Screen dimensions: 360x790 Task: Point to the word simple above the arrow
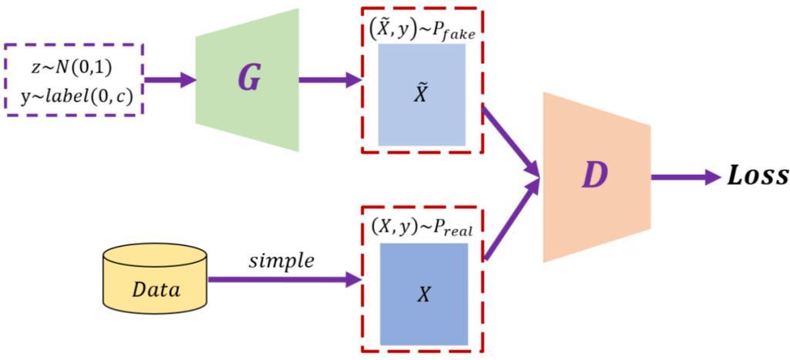pos(281,261)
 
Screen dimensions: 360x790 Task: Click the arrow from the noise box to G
pos(170,79)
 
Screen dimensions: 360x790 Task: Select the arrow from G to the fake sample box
pos(330,79)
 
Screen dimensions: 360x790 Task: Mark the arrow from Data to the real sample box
pos(285,279)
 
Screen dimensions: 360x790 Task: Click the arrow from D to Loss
pos(686,177)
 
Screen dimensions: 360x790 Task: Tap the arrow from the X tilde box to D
pos(510,141)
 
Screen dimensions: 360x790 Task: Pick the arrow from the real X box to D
pos(510,220)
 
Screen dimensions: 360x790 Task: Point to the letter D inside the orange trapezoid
pos(594,177)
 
